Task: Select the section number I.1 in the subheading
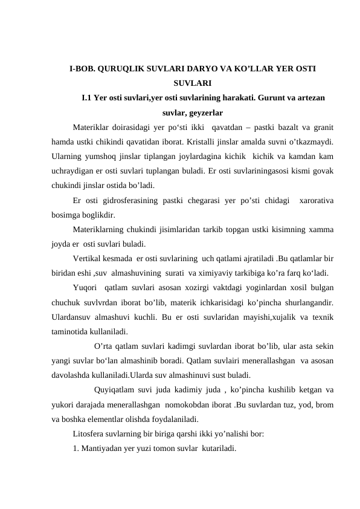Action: tap(87, 97)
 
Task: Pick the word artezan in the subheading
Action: tap(311, 97)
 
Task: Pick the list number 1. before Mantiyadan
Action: tap(76, 448)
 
